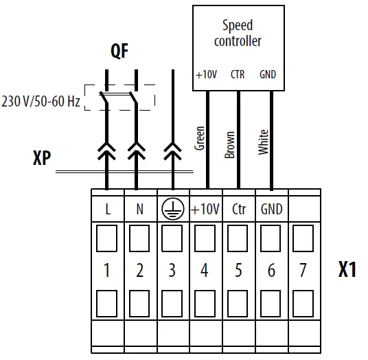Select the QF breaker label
[x=120, y=52]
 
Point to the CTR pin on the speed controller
[x=238, y=74]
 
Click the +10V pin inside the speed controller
[x=207, y=74]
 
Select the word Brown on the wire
[x=230, y=145]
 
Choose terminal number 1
[x=107, y=271]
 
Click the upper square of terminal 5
[x=238, y=238]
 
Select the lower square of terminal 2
[x=139, y=302]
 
